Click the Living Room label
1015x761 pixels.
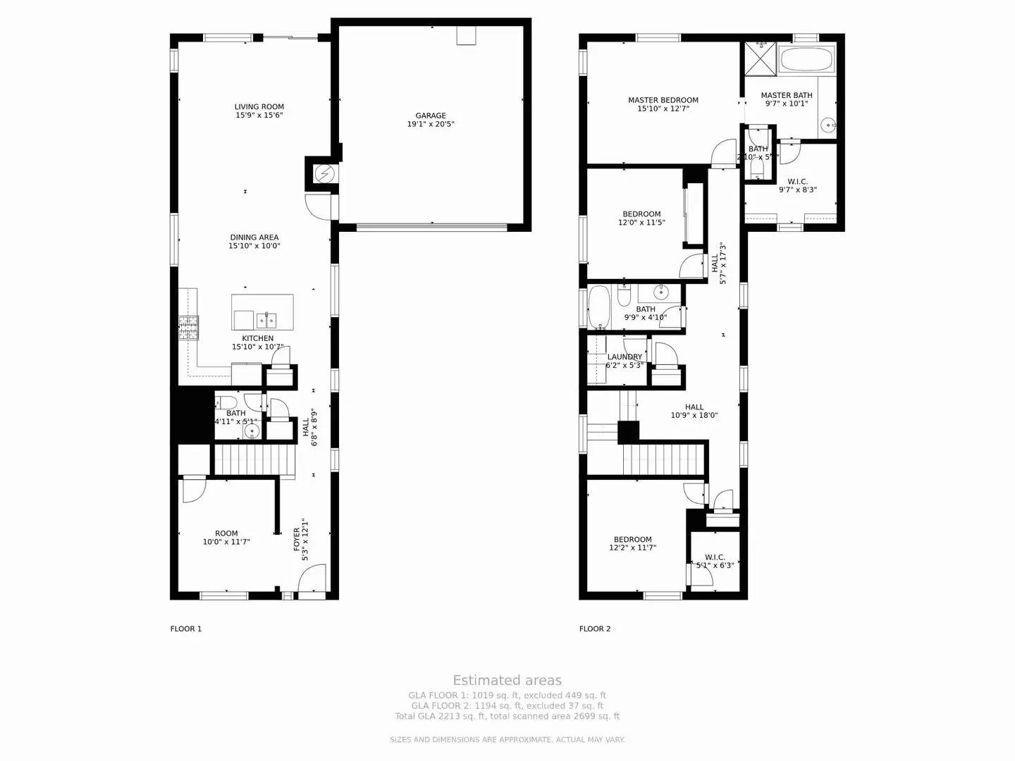click(259, 107)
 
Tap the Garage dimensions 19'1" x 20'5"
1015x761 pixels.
click(431, 124)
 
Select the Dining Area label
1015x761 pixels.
click(254, 237)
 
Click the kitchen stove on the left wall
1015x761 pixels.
click(189, 328)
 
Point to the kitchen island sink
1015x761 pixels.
click(266, 321)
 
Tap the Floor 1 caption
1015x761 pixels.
click(186, 629)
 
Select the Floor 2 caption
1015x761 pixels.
click(595, 629)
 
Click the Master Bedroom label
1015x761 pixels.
click(663, 100)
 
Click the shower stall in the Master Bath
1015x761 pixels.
click(761, 58)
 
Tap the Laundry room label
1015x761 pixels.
click(625, 357)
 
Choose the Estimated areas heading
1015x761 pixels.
click(507, 680)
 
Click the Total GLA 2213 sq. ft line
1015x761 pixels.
click(507, 716)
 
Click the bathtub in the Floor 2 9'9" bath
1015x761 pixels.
click(600, 307)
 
